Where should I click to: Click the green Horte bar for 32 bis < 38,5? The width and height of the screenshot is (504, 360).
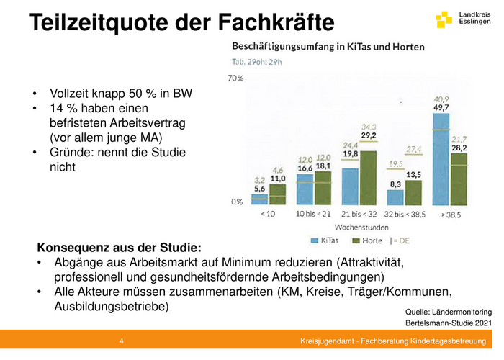[x=413, y=193]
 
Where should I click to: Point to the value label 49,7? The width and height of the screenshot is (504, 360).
[x=441, y=107]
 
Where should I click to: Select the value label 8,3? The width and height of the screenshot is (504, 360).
[x=395, y=184]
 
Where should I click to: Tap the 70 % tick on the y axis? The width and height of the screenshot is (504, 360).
[x=235, y=78]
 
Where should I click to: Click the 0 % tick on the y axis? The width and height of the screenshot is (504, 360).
[x=237, y=202]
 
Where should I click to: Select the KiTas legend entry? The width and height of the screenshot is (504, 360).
[x=324, y=240]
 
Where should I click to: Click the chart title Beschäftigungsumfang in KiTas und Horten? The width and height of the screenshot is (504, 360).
[x=328, y=46]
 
